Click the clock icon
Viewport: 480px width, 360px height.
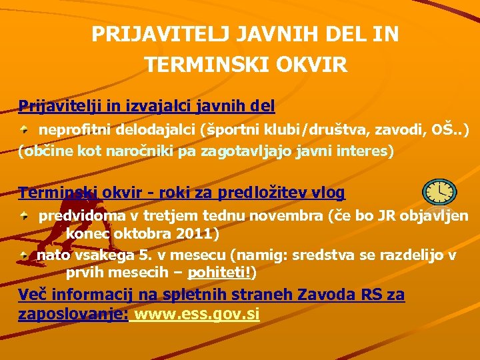tap(440, 192)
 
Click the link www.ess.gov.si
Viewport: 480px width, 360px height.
tap(197, 315)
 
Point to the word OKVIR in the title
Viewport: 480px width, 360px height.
tap(315, 65)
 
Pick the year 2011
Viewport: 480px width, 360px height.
tap(197, 235)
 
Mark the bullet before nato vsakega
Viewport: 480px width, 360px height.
tap(24, 255)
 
